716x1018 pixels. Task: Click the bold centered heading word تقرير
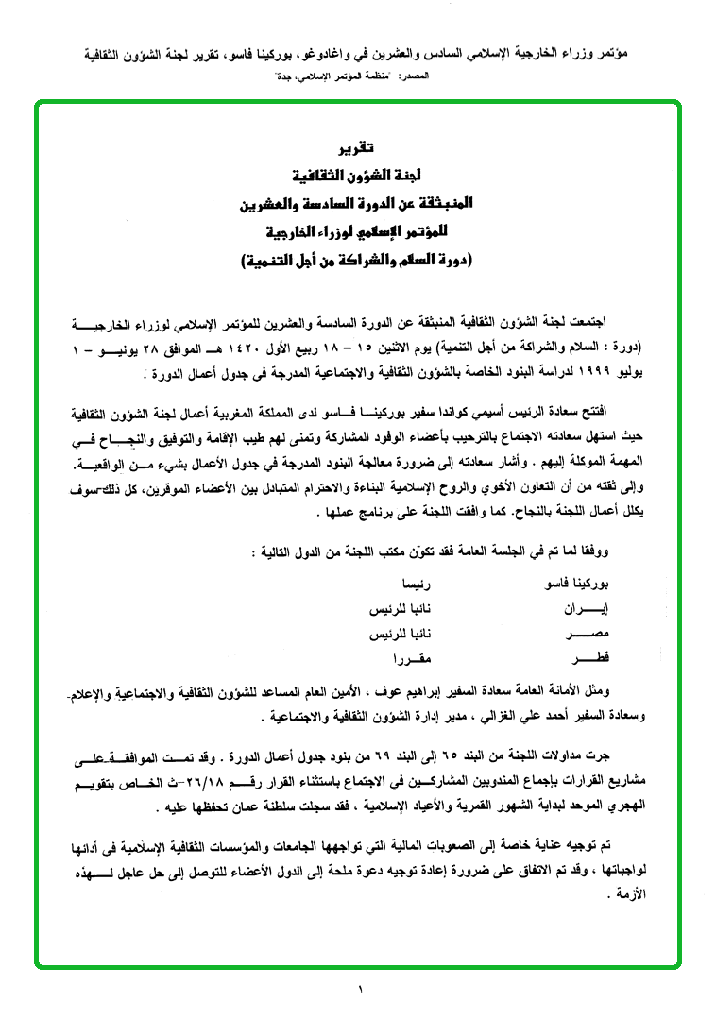(x=358, y=147)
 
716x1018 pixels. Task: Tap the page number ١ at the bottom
(x=360, y=989)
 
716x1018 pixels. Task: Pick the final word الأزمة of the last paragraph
(x=665, y=890)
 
